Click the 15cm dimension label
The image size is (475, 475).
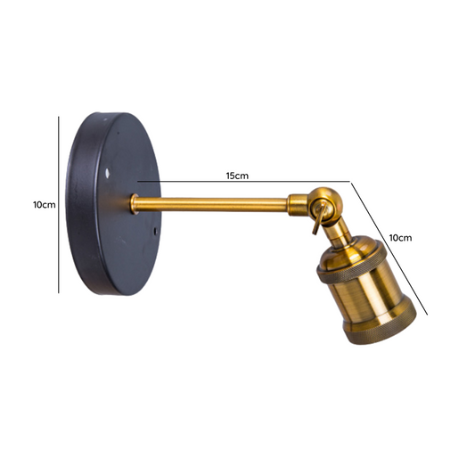click(x=237, y=176)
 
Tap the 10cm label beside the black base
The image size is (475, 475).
click(x=45, y=205)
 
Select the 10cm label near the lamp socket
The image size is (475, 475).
click(x=400, y=238)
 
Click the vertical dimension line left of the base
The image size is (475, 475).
click(x=59, y=205)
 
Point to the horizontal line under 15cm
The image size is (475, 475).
click(x=244, y=182)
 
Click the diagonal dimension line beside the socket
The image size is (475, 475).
click(x=389, y=249)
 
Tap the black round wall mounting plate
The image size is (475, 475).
click(x=113, y=204)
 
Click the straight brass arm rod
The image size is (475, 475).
click(x=210, y=205)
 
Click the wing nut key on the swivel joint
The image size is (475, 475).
click(x=319, y=217)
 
